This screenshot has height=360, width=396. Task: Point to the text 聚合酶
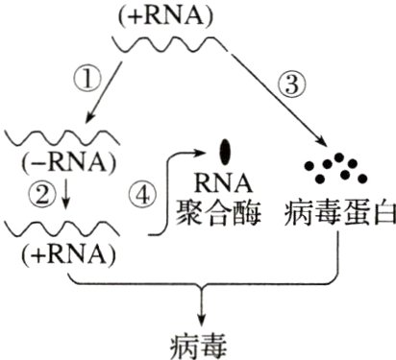pyautogui.click(x=228, y=209)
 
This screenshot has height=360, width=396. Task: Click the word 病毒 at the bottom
pyautogui.click(x=201, y=341)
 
